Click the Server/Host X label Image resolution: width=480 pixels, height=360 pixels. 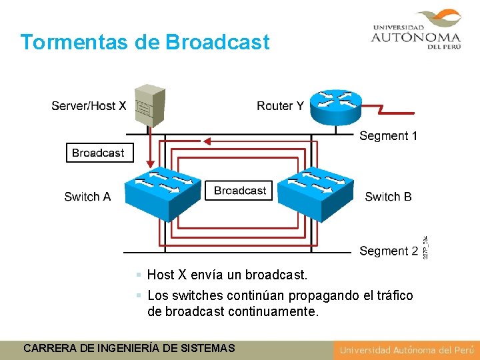(x=89, y=106)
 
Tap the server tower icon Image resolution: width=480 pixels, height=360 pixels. (x=149, y=105)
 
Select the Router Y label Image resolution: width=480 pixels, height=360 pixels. (x=280, y=106)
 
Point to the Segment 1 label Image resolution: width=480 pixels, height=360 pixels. (x=388, y=136)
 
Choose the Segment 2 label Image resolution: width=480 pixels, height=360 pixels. (x=388, y=251)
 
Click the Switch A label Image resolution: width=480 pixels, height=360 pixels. (x=87, y=197)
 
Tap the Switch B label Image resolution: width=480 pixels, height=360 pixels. (x=388, y=197)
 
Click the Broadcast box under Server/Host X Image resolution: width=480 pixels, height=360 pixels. (x=98, y=153)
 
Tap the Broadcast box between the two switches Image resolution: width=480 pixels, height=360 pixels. (x=240, y=191)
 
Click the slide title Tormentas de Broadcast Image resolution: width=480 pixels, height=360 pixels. (x=145, y=42)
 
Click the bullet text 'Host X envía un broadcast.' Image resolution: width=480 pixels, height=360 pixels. (x=227, y=275)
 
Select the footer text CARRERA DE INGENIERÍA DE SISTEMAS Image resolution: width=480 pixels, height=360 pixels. (x=129, y=348)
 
